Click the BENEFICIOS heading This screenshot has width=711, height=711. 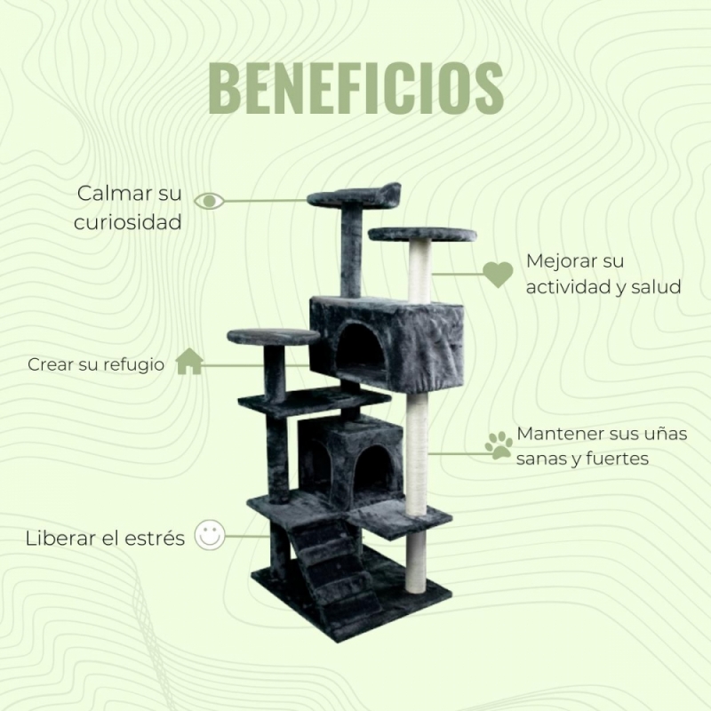pyautogui.click(x=356, y=88)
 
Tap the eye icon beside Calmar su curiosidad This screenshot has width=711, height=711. pyautogui.click(x=209, y=201)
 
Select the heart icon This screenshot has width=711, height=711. pyautogui.click(x=498, y=275)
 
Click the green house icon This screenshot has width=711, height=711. pyautogui.click(x=189, y=361)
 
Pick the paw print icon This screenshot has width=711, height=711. pyautogui.click(x=499, y=445)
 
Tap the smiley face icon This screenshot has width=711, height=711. pyautogui.click(x=210, y=535)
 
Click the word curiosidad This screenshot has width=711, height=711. pyautogui.click(x=128, y=222)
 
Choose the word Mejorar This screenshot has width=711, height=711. pyautogui.click(x=562, y=261)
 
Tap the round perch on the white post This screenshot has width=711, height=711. pyautogui.click(x=423, y=235)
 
